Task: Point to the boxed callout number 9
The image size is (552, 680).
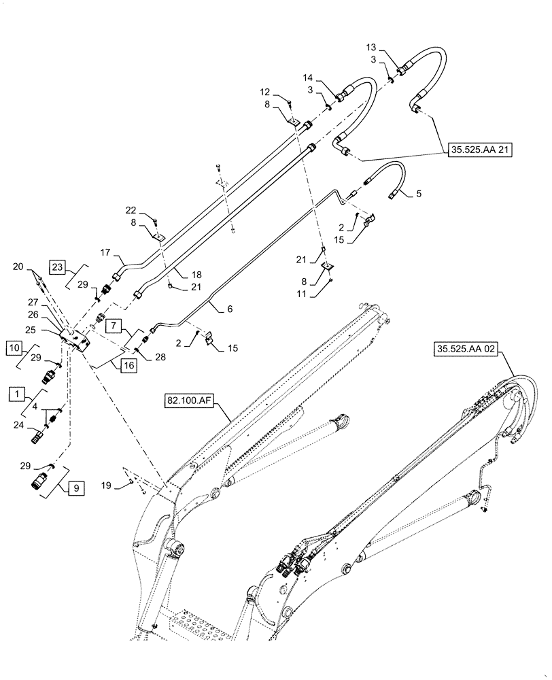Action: [75, 487]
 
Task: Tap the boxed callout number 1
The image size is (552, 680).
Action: [15, 392]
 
